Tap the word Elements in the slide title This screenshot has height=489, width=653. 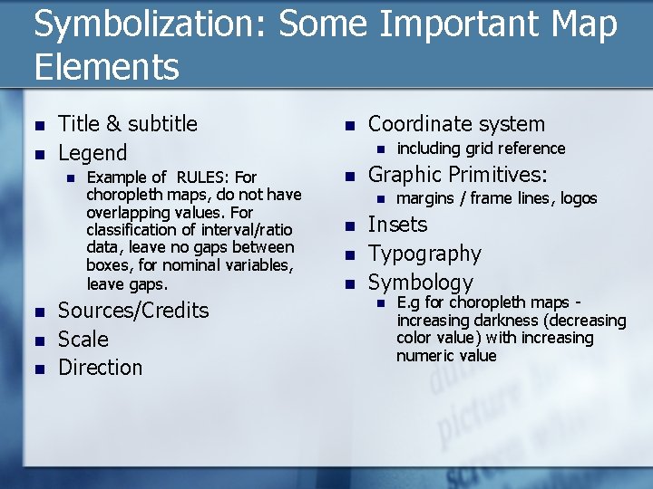tap(107, 66)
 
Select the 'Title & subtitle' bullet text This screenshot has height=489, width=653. tap(127, 124)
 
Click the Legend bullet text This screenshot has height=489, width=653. tap(93, 152)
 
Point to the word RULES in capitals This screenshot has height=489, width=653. tap(204, 177)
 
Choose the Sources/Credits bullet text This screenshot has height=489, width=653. tap(132, 311)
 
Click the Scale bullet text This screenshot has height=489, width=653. tap(83, 340)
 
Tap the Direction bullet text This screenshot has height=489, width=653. tap(100, 368)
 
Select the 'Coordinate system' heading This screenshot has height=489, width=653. tap(456, 124)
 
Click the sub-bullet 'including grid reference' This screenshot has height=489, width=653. tap(481, 149)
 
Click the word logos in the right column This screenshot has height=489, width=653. tap(579, 198)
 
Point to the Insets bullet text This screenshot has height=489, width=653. tap(397, 225)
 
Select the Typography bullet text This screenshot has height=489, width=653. tap(424, 254)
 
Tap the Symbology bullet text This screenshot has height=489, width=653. tap(420, 283)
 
